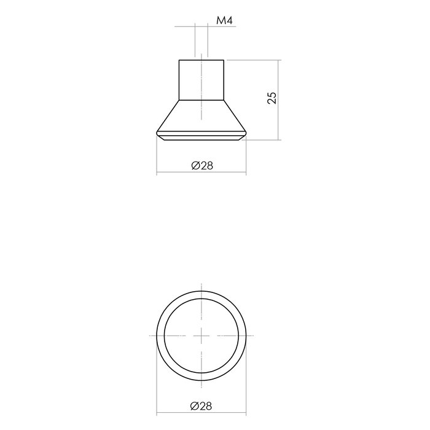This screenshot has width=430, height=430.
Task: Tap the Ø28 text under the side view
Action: point(202,165)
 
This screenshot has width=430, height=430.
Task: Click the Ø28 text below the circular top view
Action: point(202,406)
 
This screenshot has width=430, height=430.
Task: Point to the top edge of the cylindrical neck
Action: point(202,60)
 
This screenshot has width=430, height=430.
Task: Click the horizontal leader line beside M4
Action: point(184,26)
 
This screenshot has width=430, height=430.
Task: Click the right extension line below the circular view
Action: point(247,393)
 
